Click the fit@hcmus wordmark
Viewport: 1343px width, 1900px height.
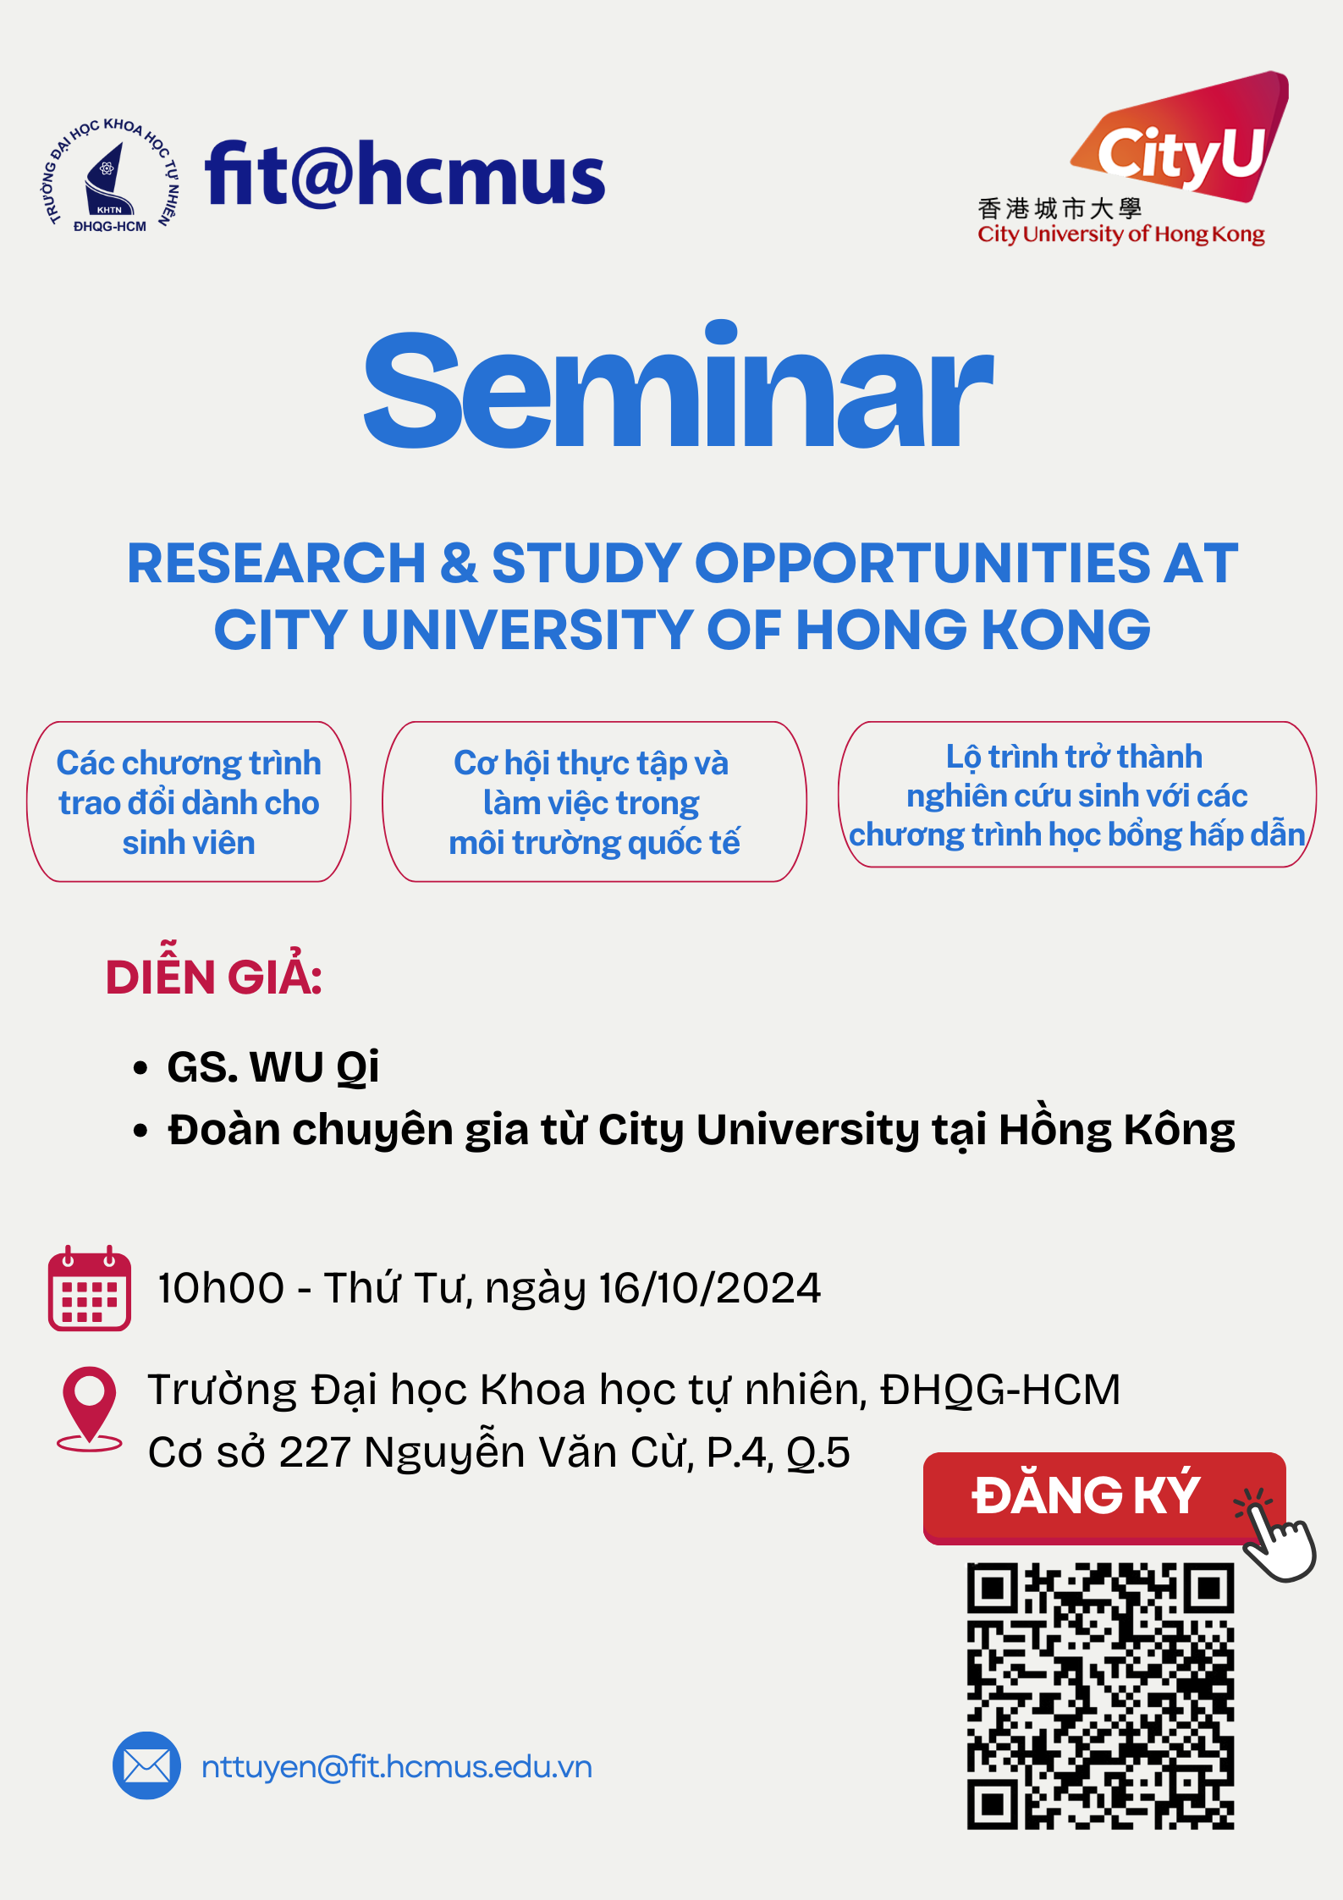pos(405,174)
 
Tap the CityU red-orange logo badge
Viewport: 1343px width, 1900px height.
pos(1181,138)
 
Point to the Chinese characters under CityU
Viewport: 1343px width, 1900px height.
pos(1060,208)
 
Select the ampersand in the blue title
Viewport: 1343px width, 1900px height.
pos(459,564)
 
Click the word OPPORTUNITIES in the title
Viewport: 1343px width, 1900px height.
pos(922,564)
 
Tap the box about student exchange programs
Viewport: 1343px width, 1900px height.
pos(190,801)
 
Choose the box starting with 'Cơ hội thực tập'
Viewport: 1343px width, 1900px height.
pos(594,801)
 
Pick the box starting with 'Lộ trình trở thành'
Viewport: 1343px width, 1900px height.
pos(1077,795)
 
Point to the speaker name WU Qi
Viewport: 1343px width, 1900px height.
pos(315,1067)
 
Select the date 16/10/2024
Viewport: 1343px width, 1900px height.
pos(710,1288)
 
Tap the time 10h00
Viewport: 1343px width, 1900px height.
pos(221,1288)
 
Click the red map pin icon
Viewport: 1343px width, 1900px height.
pos(89,1409)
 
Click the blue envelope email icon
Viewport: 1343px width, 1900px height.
pos(146,1765)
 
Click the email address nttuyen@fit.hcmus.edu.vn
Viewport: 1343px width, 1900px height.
pos(397,1767)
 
